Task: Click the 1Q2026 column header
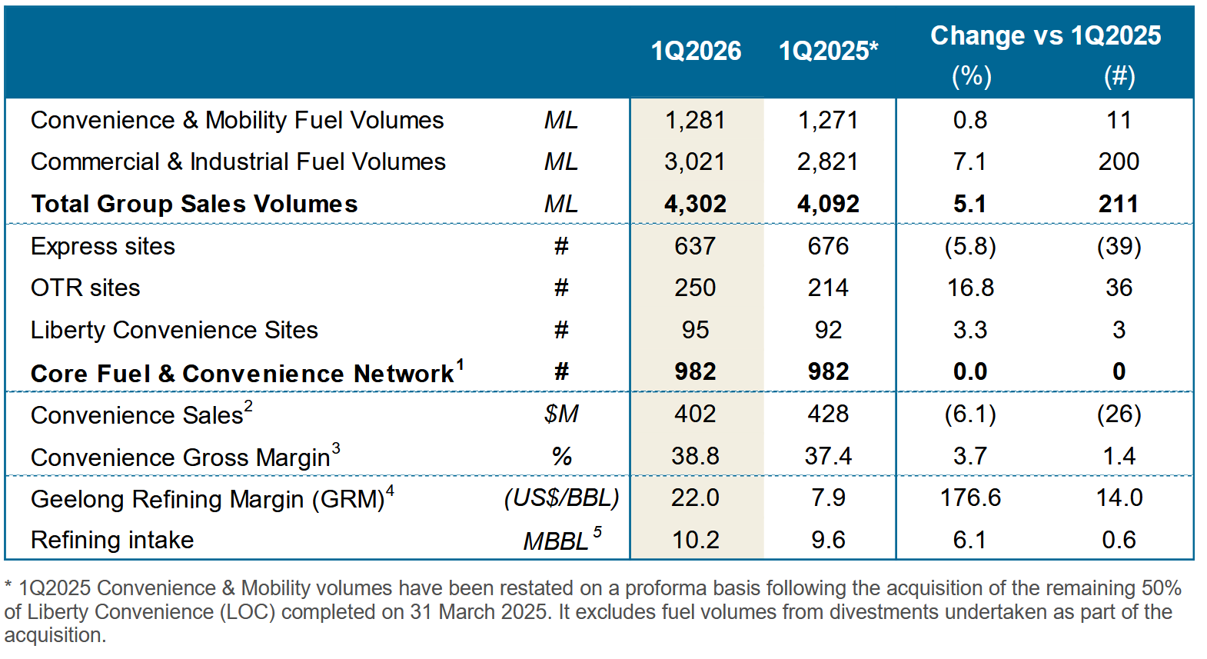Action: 696,51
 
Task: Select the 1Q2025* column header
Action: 828,51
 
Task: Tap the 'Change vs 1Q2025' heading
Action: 1045,35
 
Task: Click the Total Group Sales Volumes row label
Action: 194,204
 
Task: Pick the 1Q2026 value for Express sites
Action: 695,246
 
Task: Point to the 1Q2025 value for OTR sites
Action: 828,288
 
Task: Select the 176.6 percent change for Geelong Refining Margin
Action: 970,498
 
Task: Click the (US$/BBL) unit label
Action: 561,498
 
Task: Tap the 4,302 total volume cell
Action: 695,204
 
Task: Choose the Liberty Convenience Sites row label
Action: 174,330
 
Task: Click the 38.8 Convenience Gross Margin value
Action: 695,456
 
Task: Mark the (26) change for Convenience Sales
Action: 1119,414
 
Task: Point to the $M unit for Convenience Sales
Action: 561,414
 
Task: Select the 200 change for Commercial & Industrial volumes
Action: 1119,161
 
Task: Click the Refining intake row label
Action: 112,540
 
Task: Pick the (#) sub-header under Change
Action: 1119,76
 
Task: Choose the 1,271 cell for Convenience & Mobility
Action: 828,120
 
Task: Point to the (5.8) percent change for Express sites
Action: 970,246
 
